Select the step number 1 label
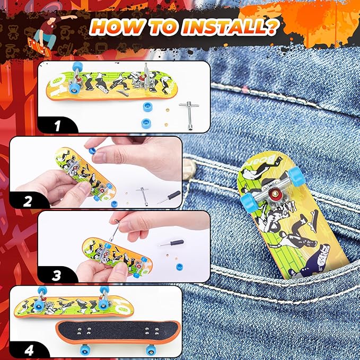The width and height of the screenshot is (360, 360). coord(57,126)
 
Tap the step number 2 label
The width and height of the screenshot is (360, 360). coord(28,201)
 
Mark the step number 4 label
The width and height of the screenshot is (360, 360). coord(28,350)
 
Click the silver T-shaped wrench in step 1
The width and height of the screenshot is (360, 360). coord(187,110)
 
